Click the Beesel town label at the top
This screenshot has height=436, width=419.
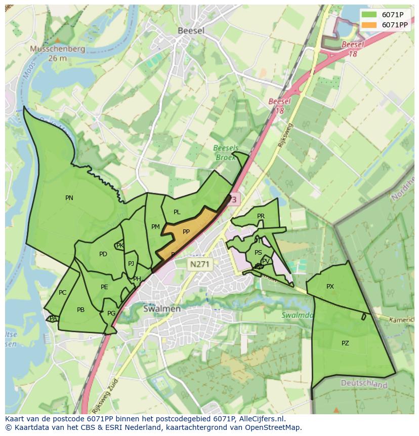click(191, 30)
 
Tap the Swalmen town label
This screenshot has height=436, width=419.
click(161, 308)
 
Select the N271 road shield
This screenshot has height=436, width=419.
click(200, 264)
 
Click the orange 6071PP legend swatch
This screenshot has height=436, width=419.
click(369, 25)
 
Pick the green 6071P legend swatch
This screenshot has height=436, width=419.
click(369, 15)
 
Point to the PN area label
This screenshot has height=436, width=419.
click(69, 198)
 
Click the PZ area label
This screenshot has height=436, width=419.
click(345, 343)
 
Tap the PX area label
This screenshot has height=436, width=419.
click(330, 287)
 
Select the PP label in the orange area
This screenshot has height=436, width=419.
click(186, 232)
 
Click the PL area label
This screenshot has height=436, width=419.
click(177, 212)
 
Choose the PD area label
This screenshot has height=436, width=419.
click(103, 254)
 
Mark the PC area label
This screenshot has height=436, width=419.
click(62, 293)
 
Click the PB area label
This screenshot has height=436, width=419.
click(80, 310)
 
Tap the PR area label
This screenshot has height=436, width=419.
click(261, 216)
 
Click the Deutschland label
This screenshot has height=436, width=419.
click(364, 384)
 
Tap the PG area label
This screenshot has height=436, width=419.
click(111, 313)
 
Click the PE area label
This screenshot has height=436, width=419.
click(104, 287)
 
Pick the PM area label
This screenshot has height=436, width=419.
click(155, 227)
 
